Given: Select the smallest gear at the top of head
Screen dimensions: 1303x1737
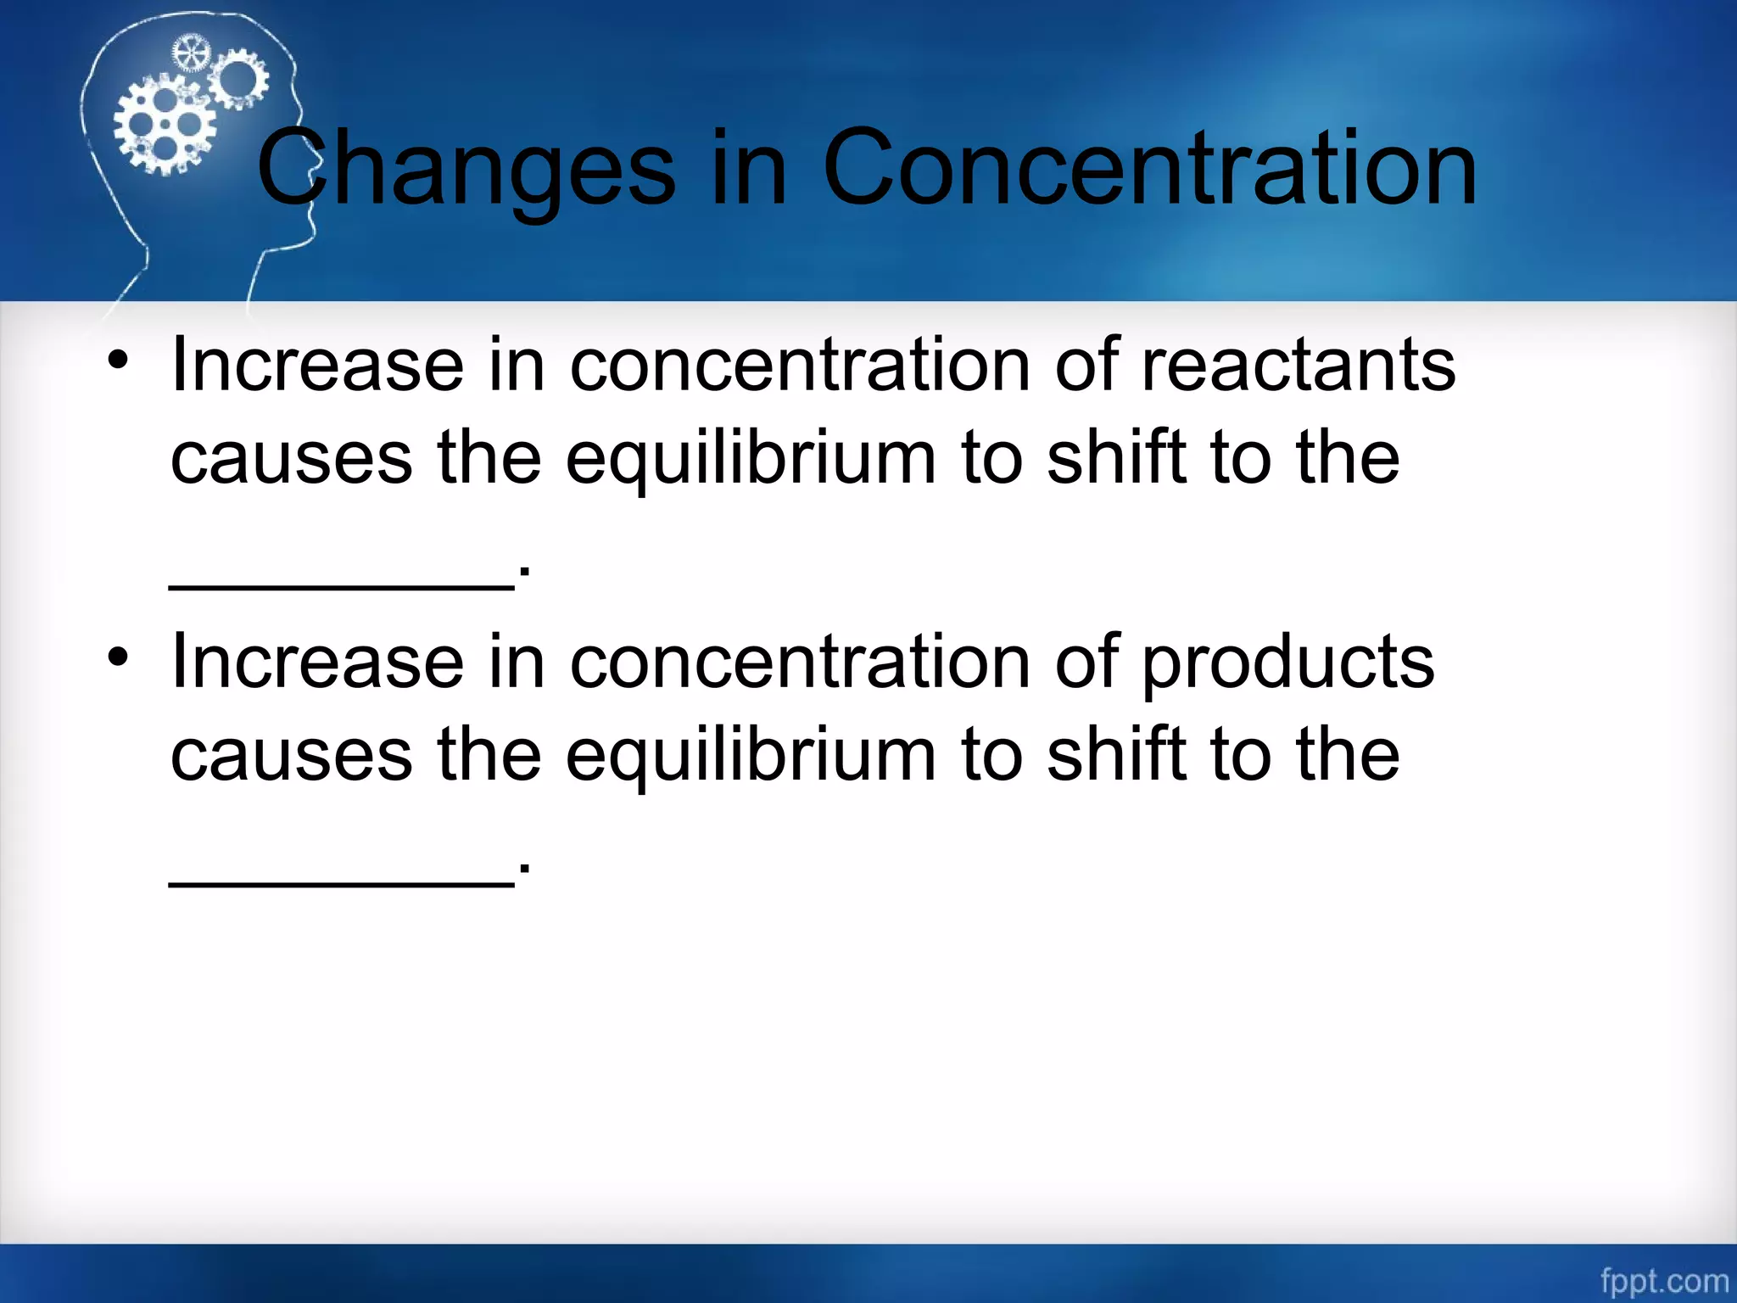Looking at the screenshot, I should pyautogui.click(x=190, y=54).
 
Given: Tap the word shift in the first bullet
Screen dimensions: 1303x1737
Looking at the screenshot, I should pyautogui.click(x=1116, y=458).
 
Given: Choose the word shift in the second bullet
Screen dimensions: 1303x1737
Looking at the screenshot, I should pyautogui.click(x=1116, y=755).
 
